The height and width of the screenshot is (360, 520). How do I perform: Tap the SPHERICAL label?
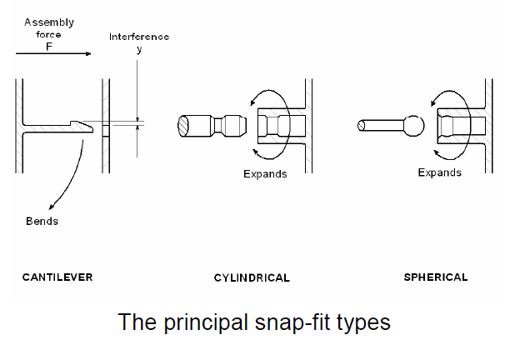pyautogui.click(x=436, y=276)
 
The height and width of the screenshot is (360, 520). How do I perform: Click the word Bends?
pyautogui.click(x=41, y=222)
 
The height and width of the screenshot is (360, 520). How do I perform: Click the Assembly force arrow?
pyautogui.click(x=52, y=56)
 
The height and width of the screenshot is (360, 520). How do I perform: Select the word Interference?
pyautogui.click(x=139, y=37)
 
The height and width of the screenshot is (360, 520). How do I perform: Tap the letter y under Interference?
pyautogui.click(x=139, y=49)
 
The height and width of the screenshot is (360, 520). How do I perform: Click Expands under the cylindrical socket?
pyautogui.click(x=265, y=173)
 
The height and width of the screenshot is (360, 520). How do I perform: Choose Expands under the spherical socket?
pyautogui.click(x=439, y=172)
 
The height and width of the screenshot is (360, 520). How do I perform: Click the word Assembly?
pyautogui.click(x=48, y=22)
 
